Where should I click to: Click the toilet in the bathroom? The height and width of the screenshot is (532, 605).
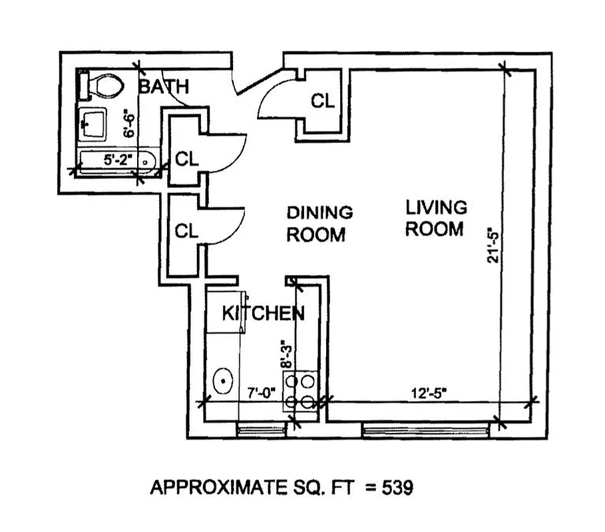103,84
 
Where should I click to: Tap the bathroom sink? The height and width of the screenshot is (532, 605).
93,124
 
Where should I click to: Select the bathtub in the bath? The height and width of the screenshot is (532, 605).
116,160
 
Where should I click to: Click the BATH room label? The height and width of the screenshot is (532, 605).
164,86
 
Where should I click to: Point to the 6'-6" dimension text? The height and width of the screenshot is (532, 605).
131,124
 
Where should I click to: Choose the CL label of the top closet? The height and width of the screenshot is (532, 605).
323,101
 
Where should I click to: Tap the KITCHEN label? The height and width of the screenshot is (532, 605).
263,313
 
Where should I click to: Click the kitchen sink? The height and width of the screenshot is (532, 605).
222,381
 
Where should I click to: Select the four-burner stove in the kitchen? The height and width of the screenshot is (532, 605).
300,392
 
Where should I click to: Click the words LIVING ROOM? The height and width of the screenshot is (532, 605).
436,218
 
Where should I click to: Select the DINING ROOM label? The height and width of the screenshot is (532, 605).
319,223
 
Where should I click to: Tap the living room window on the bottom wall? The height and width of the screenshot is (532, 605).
426,431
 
